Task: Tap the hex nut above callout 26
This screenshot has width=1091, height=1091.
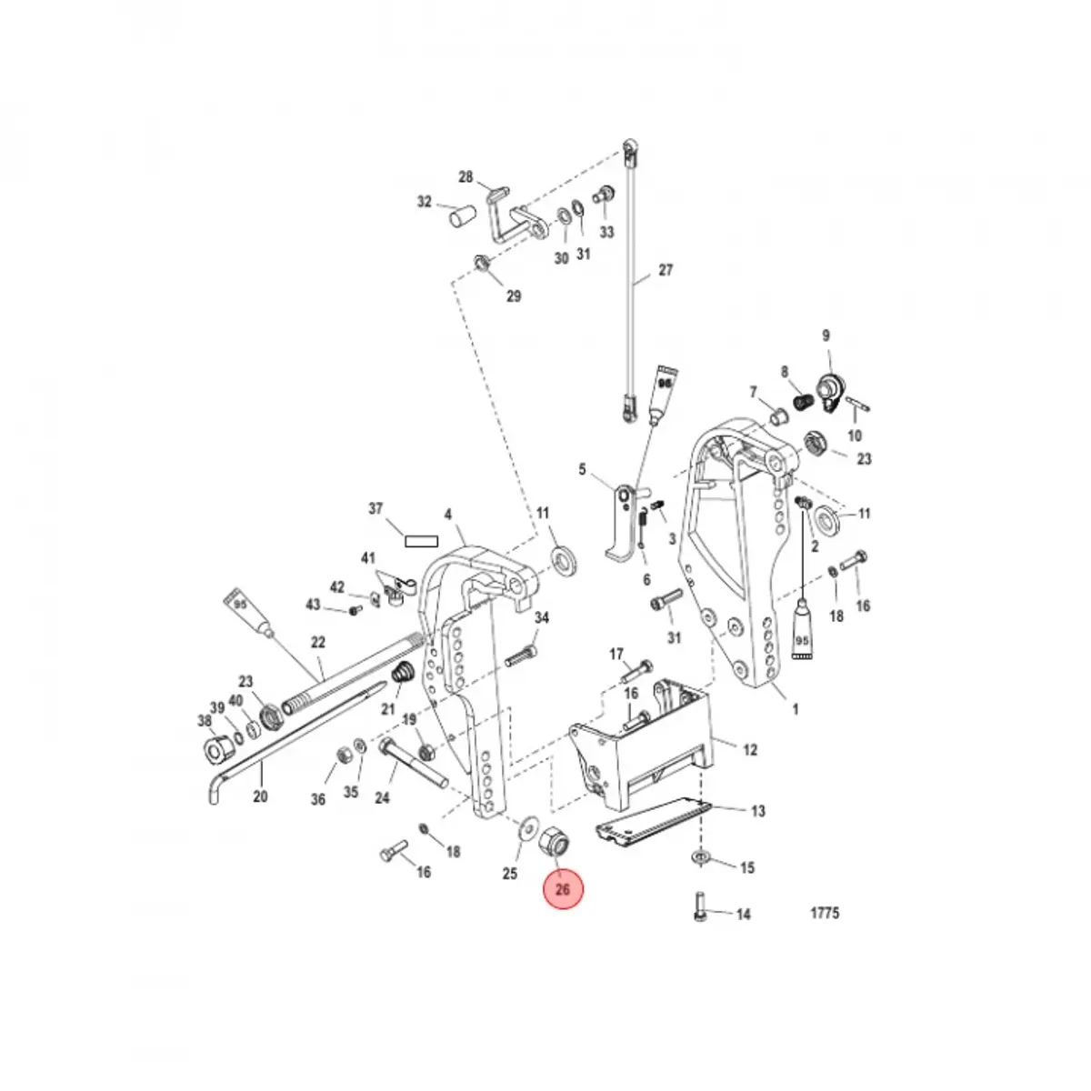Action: point(554,842)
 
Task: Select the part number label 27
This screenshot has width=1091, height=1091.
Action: point(666,270)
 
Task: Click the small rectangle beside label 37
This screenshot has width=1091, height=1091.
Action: point(422,539)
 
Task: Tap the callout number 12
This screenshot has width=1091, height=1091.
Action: point(749,751)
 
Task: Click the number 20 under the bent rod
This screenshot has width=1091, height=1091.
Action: point(260,797)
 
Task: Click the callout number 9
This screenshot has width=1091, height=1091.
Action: point(826,336)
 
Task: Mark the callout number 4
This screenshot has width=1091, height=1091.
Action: point(447,515)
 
